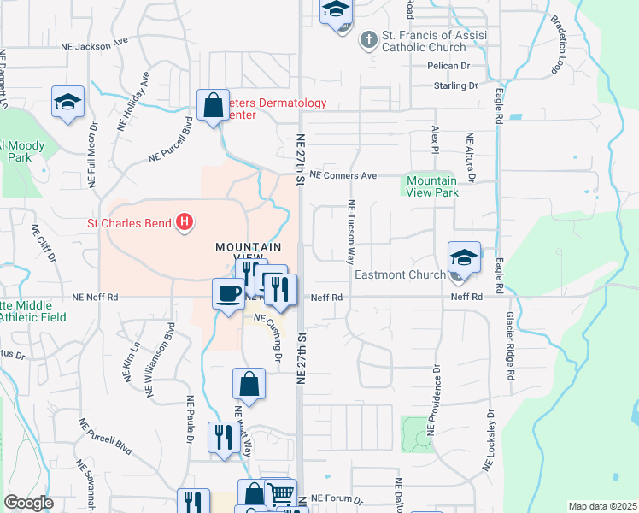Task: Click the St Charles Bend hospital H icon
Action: [x=184, y=225]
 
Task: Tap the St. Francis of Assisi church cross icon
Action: [x=368, y=39]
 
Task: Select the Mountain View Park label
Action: [x=431, y=186]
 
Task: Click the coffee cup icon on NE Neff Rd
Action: [x=228, y=294]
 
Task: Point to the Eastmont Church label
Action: [x=400, y=274]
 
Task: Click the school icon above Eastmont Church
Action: [x=464, y=256]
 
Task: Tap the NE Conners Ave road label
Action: [x=343, y=175]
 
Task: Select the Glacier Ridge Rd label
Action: [x=510, y=344]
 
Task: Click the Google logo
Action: [x=28, y=503]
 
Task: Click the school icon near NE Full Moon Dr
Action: [x=67, y=102]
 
